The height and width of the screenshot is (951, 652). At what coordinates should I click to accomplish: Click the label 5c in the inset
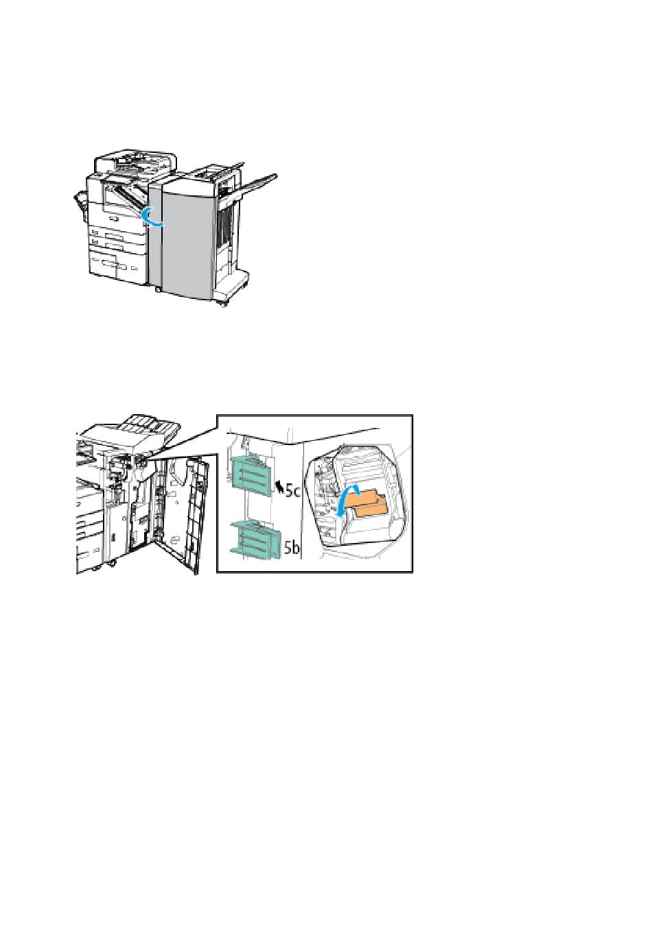coord(292,492)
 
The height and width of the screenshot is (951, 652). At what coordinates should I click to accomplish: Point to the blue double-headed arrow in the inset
coord(347,501)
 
